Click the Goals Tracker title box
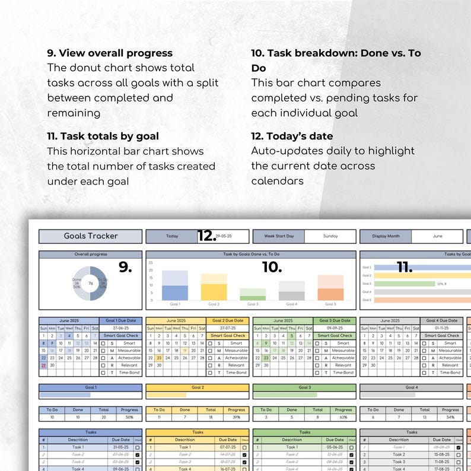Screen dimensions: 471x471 (x=91, y=236)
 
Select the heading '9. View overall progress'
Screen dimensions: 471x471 (x=110, y=53)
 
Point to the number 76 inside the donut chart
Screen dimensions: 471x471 (x=91, y=284)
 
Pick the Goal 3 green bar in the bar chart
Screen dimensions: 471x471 (x=253, y=295)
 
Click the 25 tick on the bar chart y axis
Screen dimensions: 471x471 (x=151, y=262)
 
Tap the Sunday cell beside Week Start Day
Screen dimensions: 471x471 (x=330, y=236)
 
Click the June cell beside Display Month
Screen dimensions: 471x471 (x=437, y=236)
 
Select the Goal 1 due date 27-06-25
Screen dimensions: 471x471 (x=120, y=328)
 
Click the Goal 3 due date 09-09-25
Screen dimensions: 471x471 (x=335, y=328)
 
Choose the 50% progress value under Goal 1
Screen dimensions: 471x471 (x=129, y=418)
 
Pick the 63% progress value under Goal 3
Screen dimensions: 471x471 (x=343, y=418)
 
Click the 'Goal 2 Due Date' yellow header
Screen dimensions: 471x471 (x=227, y=321)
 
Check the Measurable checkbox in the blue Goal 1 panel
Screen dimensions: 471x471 (x=103, y=351)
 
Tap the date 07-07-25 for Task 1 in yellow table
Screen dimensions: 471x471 (x=228, y=447)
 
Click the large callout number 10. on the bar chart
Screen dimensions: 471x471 (x=272, y=268)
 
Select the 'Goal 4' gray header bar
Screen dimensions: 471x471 (x=411, y=387)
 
